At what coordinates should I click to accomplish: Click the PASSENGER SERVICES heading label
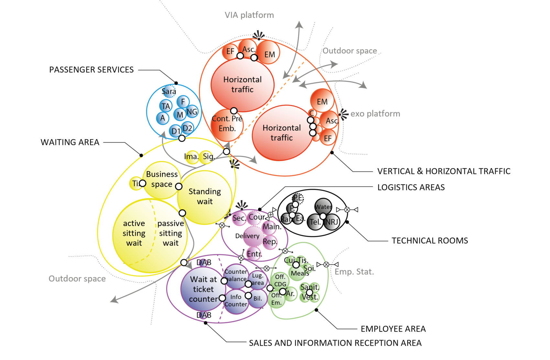click(x=91, y=70)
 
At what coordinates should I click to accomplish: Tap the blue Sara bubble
click(x=169, y=91)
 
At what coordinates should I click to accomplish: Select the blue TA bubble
click(x=166, y=106)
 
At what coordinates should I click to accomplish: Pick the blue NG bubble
click(x=192, y=112)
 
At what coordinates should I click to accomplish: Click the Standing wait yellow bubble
click(x=205, y=197)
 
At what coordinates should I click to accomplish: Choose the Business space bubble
click(x=162, y=179)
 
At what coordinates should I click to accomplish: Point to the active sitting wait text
click(x=134, y=233)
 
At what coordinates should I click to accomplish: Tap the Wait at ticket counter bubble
click(x=203, y=289)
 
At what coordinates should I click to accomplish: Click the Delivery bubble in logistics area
click(x=247, y=236)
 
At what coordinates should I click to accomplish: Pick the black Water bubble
click(x=323, y=207)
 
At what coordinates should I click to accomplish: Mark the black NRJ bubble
click(x=332, y=222)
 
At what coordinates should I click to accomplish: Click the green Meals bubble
click(x=300, y=273)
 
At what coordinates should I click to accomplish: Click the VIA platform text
click(x=249, y=15)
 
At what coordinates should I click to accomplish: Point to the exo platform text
click(x=375, y=114)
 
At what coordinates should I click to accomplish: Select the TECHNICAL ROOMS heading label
click(x=430, y=241)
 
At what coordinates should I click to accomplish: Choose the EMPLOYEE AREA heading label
click(x=393, y=329)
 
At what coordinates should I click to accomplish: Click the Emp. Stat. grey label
click(x=354, y=272)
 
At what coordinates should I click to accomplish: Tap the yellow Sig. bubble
click(x=208, y=157)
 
